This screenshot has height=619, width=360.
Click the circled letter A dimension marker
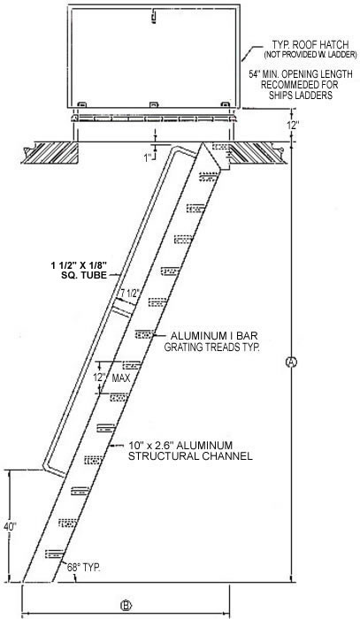(291, 362)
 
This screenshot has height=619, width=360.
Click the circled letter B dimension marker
(126, 605)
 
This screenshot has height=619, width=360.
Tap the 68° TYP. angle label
(83, 568)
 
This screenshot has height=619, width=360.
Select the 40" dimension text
(11, 526)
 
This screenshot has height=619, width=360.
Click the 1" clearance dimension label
(148, 158)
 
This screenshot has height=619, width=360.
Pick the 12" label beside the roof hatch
(292, 125)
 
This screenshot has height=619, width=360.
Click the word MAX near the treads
(121, 378)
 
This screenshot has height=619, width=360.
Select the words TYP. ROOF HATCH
(310, 44)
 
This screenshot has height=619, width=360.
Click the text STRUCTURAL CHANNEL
(190, 456)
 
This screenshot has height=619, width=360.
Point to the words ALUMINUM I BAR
(214, 336)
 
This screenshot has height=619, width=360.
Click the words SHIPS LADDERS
(301, 95)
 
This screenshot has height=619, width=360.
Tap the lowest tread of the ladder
(55, 554)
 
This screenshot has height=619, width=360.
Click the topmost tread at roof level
(221, 146)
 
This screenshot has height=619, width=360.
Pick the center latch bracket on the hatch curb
(154, 104)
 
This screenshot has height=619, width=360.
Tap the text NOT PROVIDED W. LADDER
(310, 55)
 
